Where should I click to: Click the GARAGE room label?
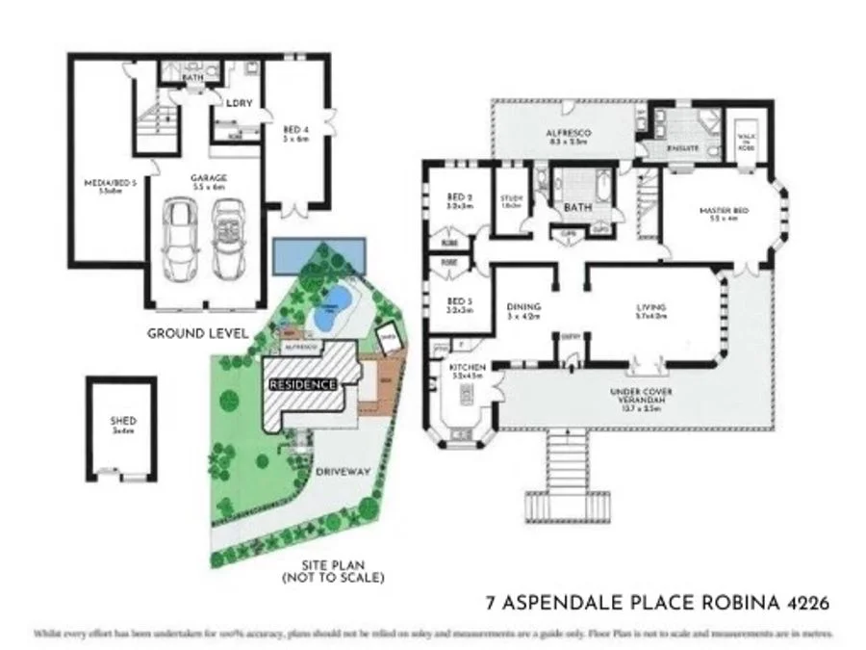pyautogui.click(x=207, y=177)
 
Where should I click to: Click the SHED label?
pyautogui.click(x=123, y=422)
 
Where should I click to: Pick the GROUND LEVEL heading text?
pyautogui.click(x=197, y=333)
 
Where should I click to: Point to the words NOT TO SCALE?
pyautogui.click(x=335, y=578)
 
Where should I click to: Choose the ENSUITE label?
pyautogui.click(x=680, y=150)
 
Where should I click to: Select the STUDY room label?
pyautogui.click(x=511, y=199)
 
